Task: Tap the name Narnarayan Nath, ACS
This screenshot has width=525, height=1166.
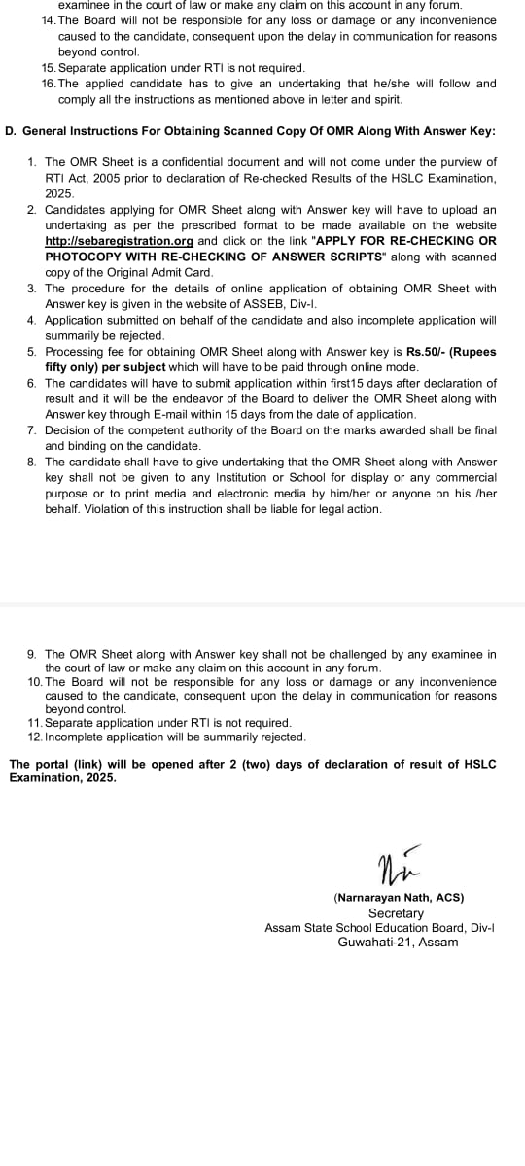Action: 399,897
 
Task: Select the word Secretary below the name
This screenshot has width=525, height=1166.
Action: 396,913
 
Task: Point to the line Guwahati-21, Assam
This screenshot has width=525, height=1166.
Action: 398,943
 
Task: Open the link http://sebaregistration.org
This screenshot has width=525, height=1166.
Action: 120,241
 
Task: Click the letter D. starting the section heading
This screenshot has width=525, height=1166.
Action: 10,130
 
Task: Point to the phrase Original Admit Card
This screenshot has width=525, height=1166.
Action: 157,272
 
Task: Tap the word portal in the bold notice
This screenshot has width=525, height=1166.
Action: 51,765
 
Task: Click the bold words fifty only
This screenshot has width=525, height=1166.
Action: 72,366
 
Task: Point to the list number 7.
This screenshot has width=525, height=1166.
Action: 32,430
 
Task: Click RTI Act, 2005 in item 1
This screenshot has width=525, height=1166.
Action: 83,179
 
